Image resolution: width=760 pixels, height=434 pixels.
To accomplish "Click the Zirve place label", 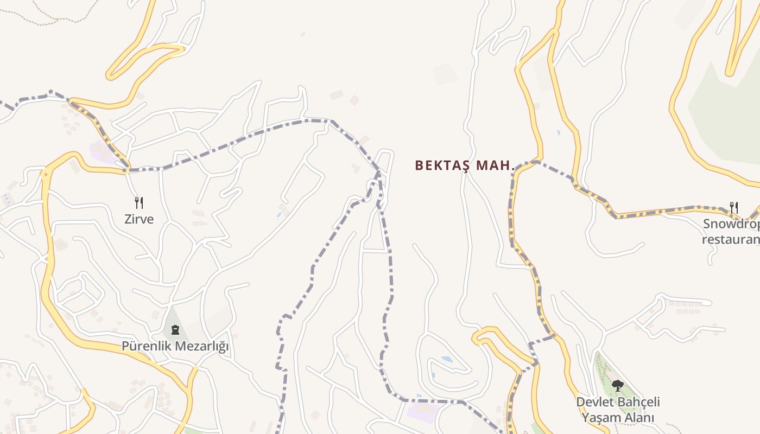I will click(140, 219).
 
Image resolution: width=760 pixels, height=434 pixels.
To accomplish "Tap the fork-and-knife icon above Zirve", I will click(140, 203).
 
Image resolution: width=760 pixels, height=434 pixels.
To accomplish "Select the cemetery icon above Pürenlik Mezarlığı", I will click(175, 329).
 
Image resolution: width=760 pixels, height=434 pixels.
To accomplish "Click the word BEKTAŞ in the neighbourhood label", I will click(442, 165).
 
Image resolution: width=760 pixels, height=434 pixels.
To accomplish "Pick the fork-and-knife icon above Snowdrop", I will click(734, 207).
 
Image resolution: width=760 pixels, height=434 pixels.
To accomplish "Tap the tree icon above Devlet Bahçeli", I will click(617, 386).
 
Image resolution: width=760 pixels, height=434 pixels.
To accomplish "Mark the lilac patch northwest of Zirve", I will click(102, 152).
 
